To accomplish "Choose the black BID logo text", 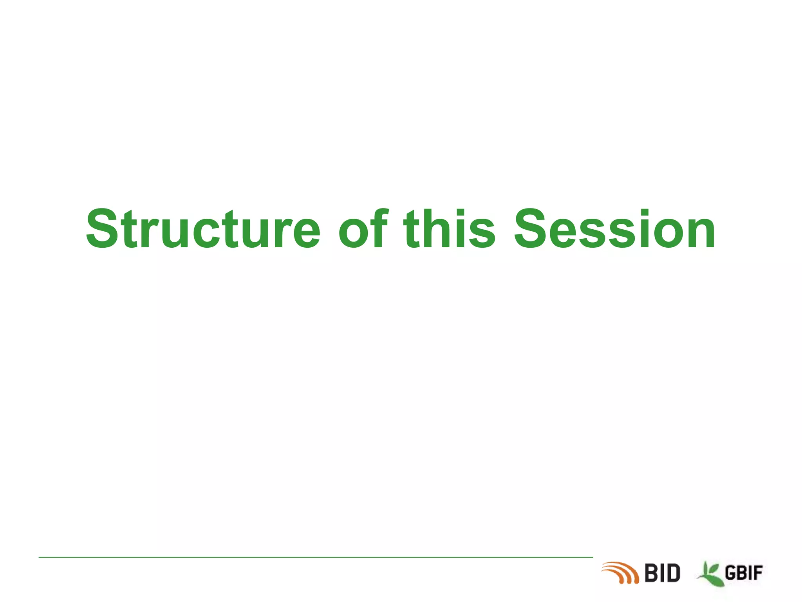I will click(662, 573).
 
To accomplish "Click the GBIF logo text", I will click(744, 573).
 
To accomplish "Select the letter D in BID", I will click(672, 573).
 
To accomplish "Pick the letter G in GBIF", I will click(731, 573).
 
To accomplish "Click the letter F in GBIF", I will click(758, 573).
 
